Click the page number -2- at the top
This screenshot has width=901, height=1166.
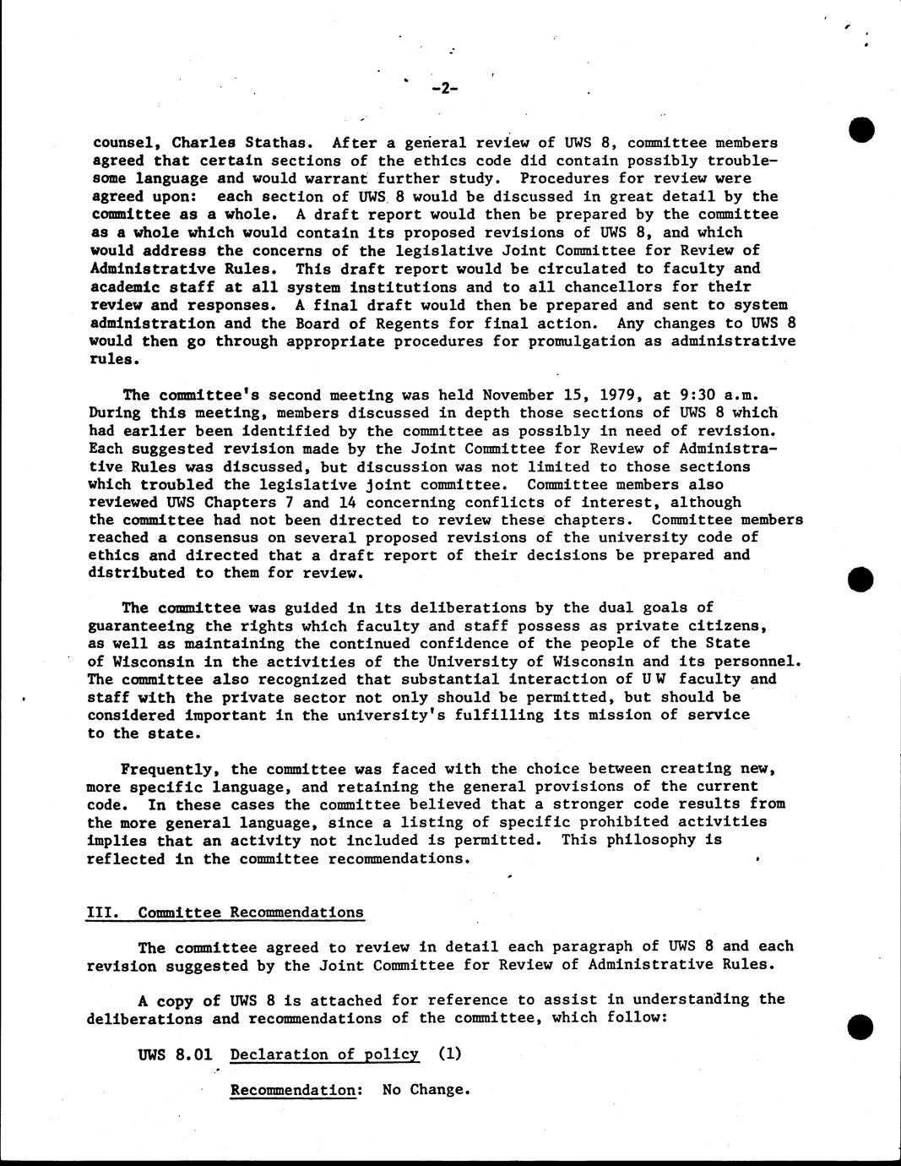click(443, 88)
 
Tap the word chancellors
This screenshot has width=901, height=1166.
click(603, 286)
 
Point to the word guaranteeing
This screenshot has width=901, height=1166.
click(141, 626)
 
